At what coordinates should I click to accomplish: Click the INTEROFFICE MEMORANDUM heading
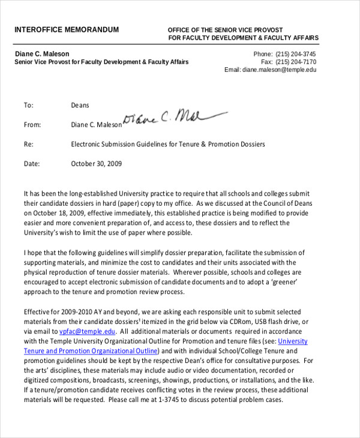(x=67, y=29)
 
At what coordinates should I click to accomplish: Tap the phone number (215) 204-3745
(x=295, y=54)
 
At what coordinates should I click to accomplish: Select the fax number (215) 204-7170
(x=295, y=62)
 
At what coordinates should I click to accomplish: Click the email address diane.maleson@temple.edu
(x=279, y=70)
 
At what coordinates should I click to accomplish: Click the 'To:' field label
(x=28, y=106)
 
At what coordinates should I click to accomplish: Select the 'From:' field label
(x=32, y=125)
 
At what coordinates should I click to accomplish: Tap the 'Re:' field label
(x=28, y=145)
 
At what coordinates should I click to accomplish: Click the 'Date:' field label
(x=31, y=164)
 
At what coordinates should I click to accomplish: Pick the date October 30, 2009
(x=96, y=164)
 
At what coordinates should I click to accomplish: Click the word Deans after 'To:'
(x=80, y=106)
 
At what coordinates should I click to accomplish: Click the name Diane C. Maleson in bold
(x=42, y=54)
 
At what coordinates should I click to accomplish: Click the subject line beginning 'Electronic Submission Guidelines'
(x=167, y=145)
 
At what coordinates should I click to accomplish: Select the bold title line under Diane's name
(x=101, y=62)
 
